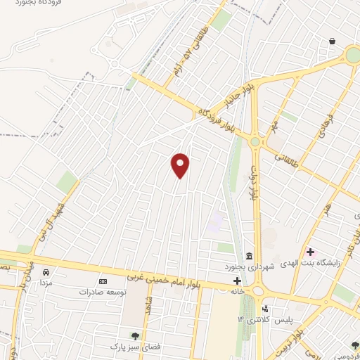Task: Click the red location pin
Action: point(181,166)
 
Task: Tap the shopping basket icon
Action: point(331,41)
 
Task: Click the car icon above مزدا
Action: point(46,272)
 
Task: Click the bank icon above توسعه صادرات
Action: point(103,281)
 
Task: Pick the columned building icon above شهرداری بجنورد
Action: point(249,256)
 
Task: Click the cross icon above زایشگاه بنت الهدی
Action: point(310,252)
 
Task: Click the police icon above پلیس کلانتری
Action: point(264,308)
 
